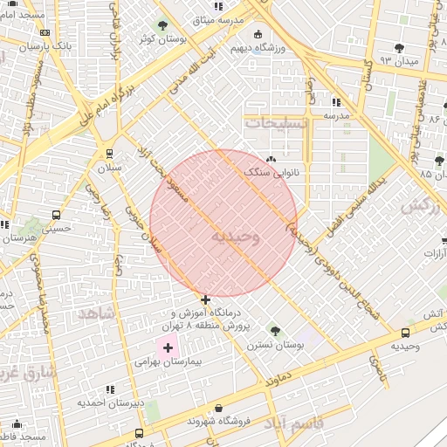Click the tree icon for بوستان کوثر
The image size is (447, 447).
[162, 25]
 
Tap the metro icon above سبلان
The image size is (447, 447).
[109, 154]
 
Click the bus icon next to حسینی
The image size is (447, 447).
[57, 215]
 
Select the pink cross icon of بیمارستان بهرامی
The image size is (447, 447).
[168, 347]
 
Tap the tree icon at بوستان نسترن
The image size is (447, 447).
[275, 331]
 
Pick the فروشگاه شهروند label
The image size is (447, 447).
[218, 421]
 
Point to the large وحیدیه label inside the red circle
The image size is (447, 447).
[236, 237]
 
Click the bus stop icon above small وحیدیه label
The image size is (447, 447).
[405, 333]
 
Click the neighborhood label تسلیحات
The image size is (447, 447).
[279, 122]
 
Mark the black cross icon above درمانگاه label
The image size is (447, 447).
[205, 299]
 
